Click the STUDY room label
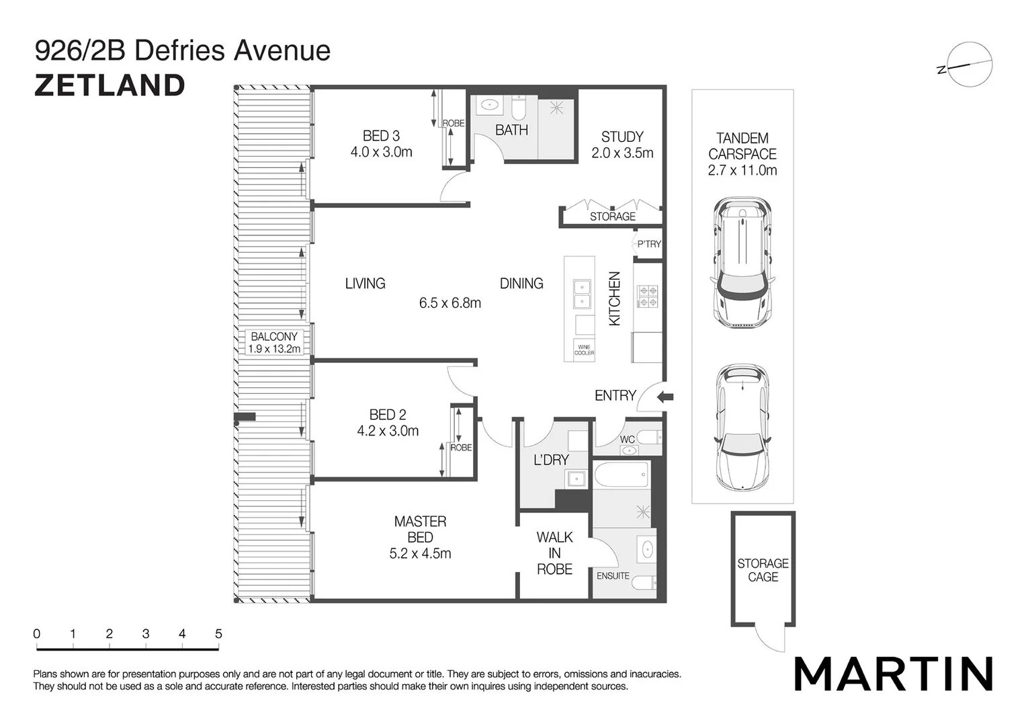tap(622, 137)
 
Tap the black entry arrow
tap(665, 397)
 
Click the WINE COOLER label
tap(584, 350)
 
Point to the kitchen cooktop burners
tap(648, 296)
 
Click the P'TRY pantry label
tap(649, 244)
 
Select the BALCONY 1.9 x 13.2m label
tap(274, 342)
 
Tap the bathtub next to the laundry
tap(621, 475)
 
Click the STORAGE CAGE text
tap(763, 570)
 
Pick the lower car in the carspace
tap(742, 428)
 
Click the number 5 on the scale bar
tap(218, 634)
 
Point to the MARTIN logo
tap(893, 674)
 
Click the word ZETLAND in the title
tap(110, 85)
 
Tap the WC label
tap(628, 440)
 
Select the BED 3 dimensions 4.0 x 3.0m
tap(381, 153)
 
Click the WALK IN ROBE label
tap(554, 553)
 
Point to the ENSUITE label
tap(613, 576)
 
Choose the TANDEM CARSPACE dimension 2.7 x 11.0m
tap(742, 171)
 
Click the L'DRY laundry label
tap(551, 460)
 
